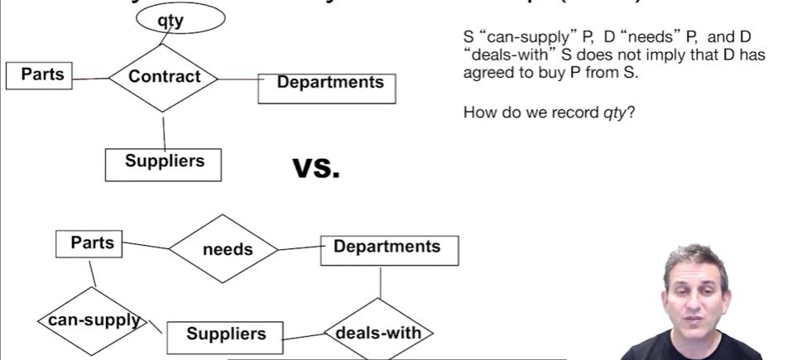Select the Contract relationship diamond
point(165,77)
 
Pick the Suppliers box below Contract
point(164,163)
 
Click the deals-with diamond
point(378,334)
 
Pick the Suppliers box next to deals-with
point(226,335)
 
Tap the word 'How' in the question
point(477,110)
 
